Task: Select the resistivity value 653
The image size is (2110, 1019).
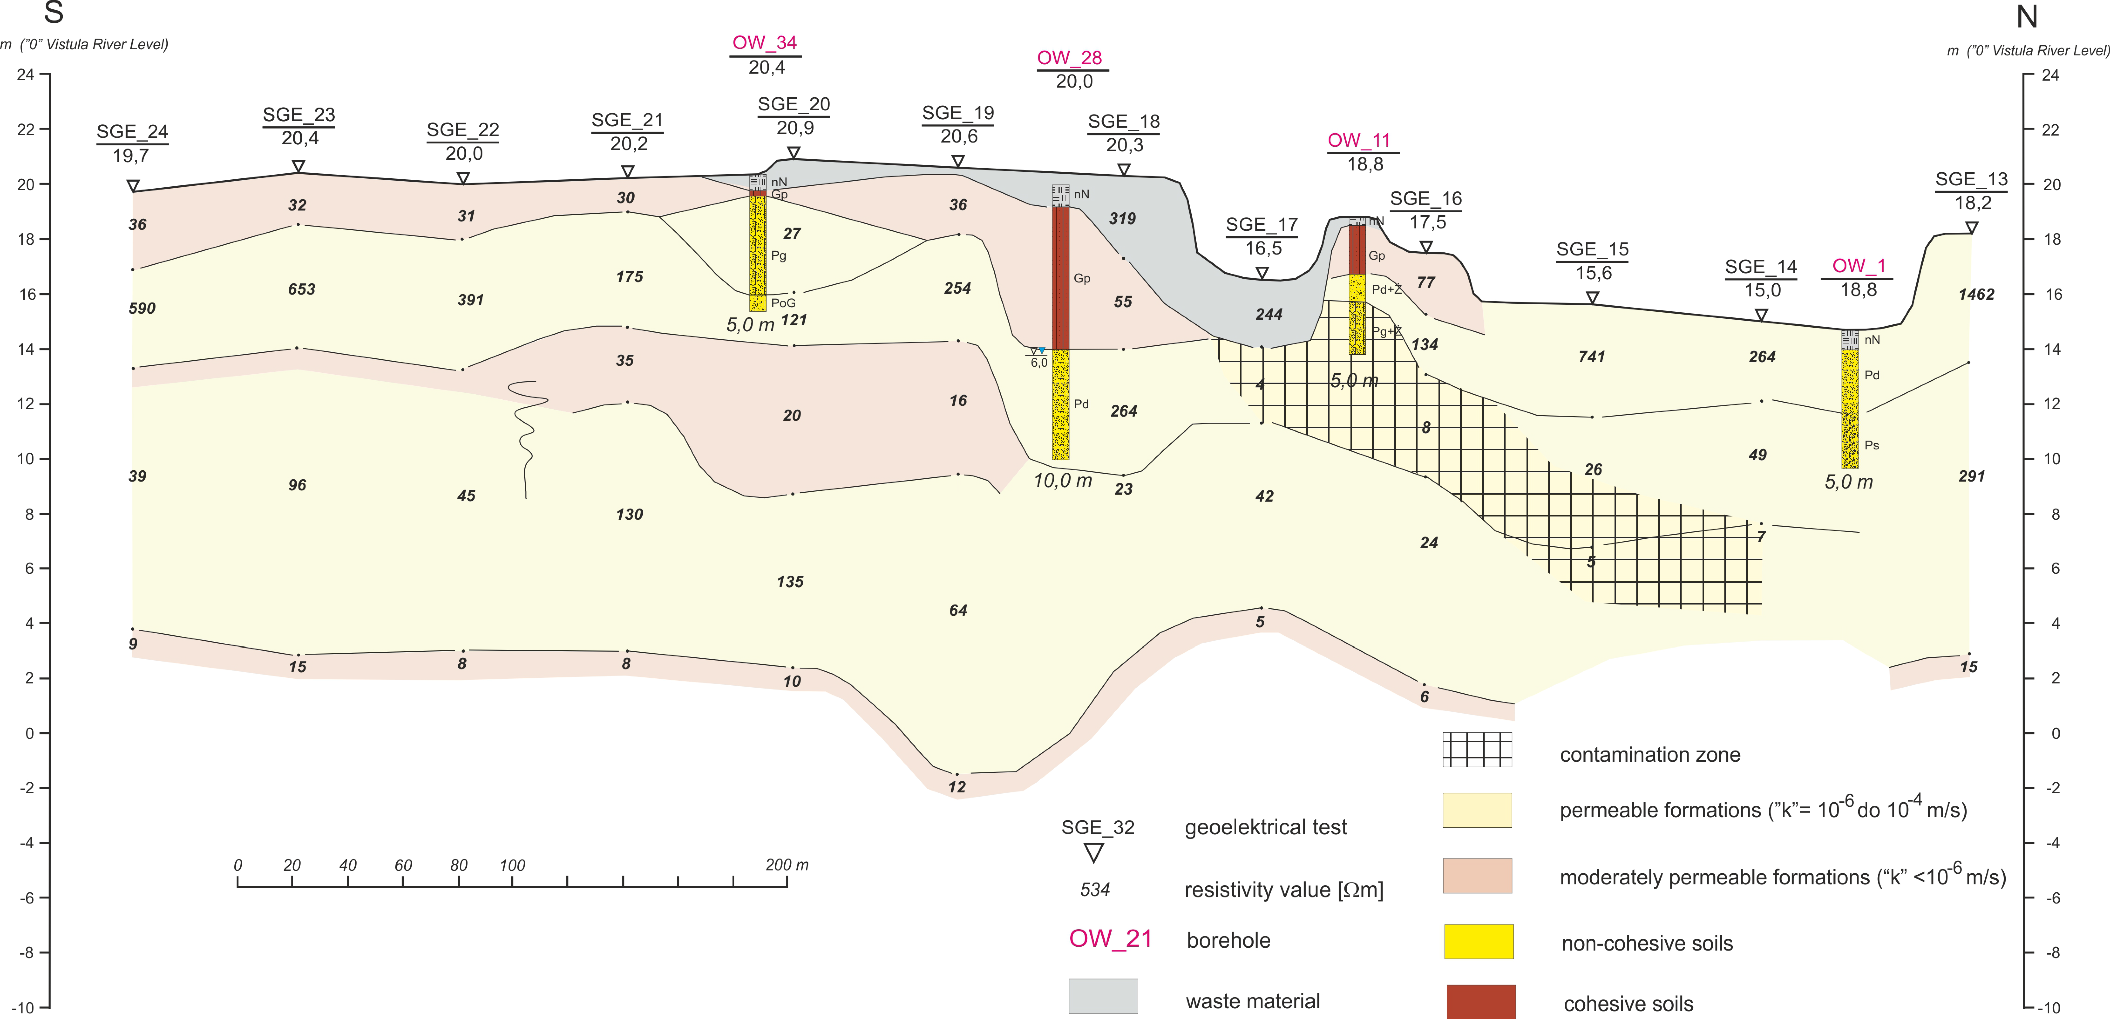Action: click(x=302, y=289)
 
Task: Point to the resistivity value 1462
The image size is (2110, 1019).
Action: click(x=1976, y=294)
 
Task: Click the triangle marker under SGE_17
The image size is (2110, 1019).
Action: click(x=1262, y=272)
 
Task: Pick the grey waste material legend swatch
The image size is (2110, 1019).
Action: click(x=1102, y=996)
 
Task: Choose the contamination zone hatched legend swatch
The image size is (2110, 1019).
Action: click(x=1477, y=750)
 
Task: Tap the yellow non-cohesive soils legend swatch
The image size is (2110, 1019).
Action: click(x=1479, y=941)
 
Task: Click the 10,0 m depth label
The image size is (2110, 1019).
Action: click(x=1062, y=481)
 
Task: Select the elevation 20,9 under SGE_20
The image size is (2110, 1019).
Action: click(x=794, y=128)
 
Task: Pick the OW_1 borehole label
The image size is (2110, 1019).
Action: click(x=1859, y=266)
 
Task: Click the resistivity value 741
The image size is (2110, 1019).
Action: click(x=1591, y=356)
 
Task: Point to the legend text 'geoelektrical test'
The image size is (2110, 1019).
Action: click(x=1265, y=827)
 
